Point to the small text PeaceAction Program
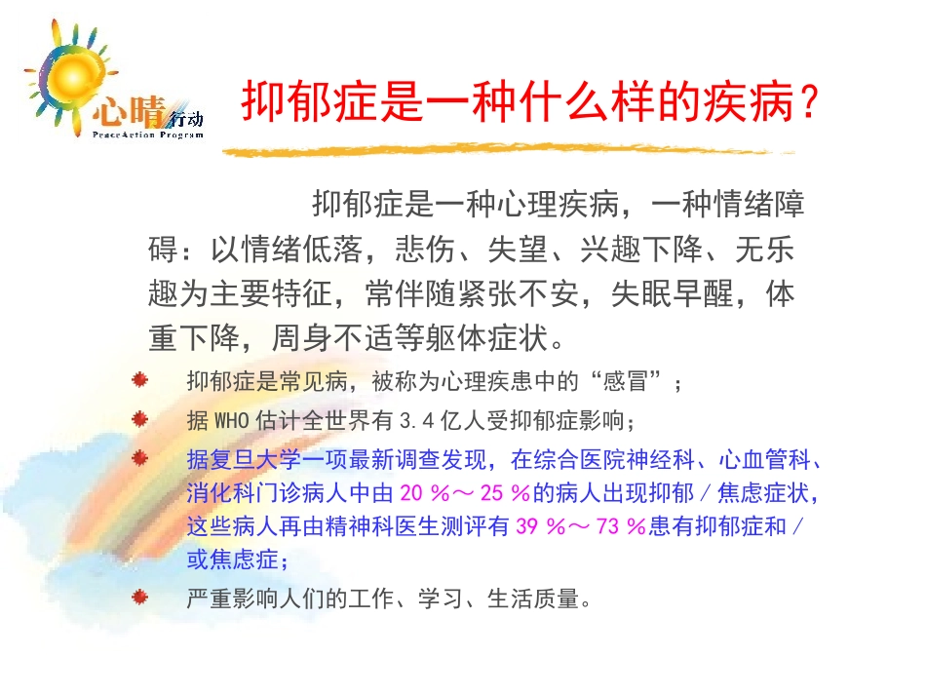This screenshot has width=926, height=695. (148, 135)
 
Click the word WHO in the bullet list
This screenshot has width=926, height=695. (230, 421)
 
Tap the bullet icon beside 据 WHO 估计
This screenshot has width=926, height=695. (141, 419)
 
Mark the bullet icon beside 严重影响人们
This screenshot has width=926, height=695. (141, 597)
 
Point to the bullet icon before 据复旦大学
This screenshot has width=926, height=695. (141, 456)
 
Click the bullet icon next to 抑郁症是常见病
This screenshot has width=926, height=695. (141, 380)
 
